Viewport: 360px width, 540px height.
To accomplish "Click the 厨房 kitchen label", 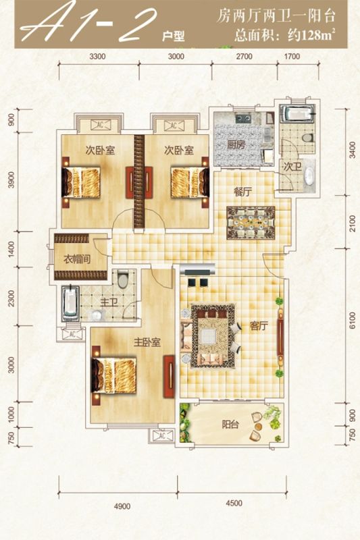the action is coord(236,144).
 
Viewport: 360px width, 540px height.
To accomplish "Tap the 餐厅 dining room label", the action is coord(243,192).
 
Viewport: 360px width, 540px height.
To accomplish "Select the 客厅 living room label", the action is coord(259,326).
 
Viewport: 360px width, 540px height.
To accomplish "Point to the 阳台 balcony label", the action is coord(230,425).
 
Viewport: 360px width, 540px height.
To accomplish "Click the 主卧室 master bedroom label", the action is coord(147,342).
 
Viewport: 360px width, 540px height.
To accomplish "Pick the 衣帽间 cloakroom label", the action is coord(77,259).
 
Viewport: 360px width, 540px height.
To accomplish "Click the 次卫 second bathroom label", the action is coord(292,167).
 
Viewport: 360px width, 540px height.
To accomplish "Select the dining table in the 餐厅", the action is coord(251,223).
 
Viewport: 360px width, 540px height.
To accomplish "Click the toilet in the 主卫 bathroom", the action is coord(122,279).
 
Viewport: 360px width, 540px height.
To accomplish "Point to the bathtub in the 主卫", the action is coord(70,303).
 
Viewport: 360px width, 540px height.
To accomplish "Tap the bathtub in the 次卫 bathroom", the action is coord(297,113).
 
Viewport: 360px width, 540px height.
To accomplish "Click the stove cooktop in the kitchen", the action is coord(244,119).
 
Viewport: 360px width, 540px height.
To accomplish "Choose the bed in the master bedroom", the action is coord(113,375).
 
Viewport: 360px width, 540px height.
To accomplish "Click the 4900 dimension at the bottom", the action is coord(122,506).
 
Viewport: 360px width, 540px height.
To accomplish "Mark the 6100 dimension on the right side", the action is coord(352,321).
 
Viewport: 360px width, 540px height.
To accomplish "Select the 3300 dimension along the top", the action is coord(97,57).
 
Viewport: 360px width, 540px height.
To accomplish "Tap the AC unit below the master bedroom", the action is coord(161,436).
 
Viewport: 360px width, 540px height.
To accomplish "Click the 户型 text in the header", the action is coord(174,36).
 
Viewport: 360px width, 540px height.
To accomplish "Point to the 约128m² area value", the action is coord(312,35).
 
